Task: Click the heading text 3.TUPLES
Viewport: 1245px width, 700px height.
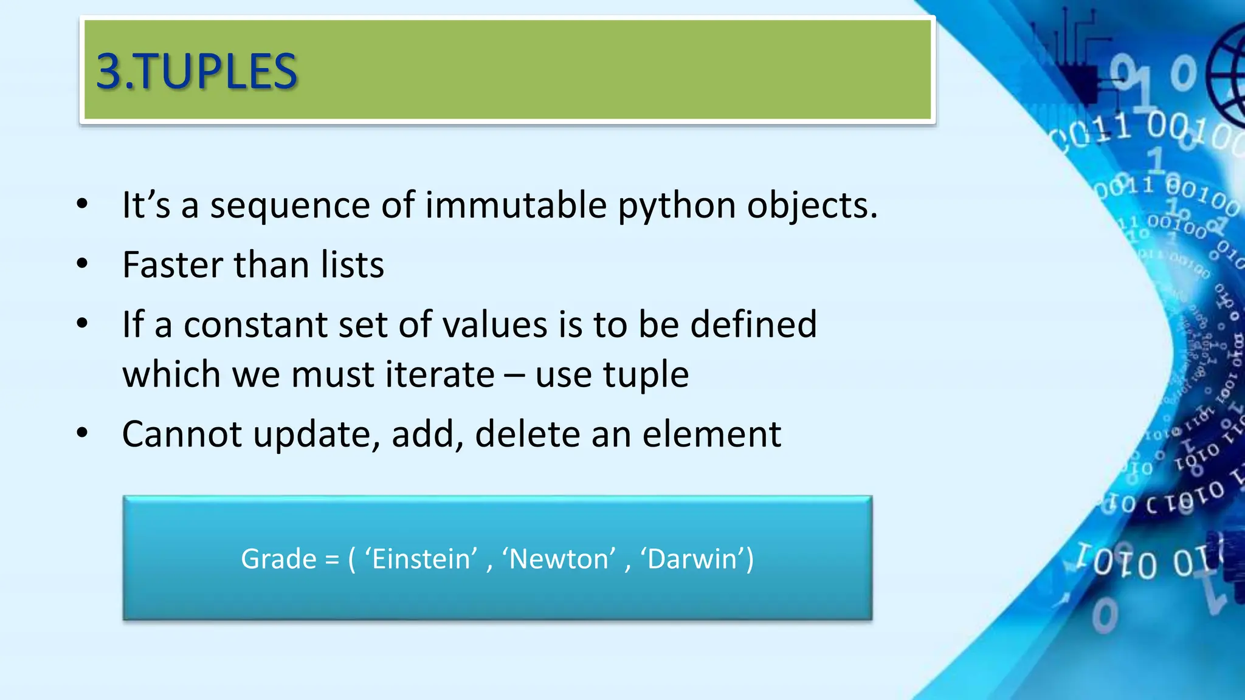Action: click(196, 72)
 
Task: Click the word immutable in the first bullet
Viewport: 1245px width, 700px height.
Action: click(516, 205)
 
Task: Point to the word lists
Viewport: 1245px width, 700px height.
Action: click(353, 265)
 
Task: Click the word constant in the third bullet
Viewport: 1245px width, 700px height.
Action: click(255, 324)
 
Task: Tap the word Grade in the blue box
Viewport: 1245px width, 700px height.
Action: click(278, 559)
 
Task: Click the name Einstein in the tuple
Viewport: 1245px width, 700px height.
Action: click(421, 559)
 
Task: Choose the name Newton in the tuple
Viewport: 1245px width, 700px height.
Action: click(558, 559)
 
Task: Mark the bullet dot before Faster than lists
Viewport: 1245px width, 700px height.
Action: click(83, 264)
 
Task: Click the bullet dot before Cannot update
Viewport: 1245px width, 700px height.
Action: click(83, 433)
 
